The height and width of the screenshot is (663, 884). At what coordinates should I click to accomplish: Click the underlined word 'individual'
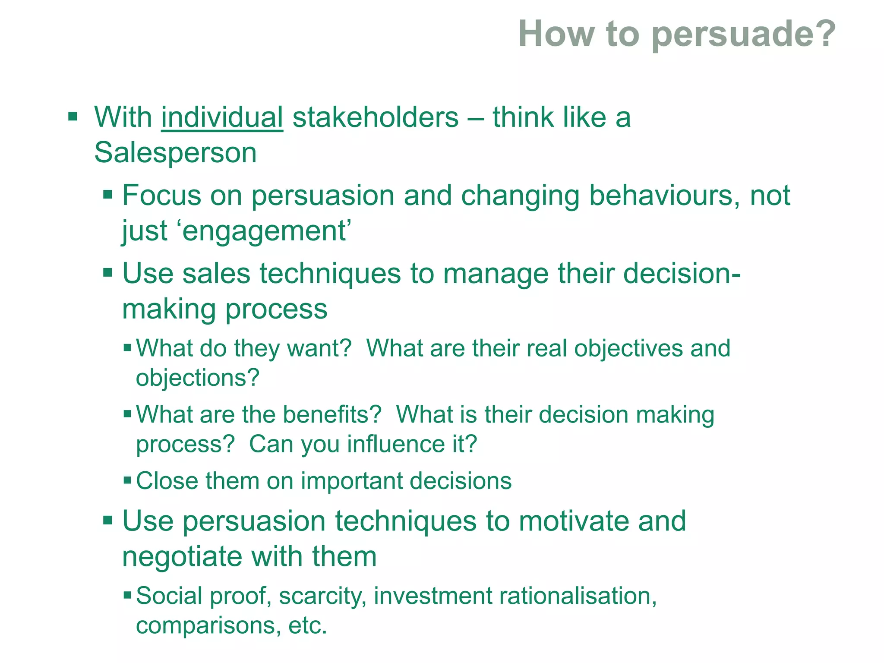[222, 117]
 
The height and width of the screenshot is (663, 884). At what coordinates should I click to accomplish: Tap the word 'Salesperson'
[175, 153]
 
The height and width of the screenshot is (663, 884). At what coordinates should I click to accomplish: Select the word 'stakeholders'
[376, 117]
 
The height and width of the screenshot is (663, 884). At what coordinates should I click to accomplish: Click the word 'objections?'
[198, 378]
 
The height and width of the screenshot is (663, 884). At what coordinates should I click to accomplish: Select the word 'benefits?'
[332, 415]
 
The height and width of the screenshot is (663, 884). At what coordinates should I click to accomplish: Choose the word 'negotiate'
[182, 557]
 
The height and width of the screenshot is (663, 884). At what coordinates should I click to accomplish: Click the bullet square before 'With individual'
[73, 117]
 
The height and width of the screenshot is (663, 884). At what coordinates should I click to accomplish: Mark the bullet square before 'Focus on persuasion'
[107, 194]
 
